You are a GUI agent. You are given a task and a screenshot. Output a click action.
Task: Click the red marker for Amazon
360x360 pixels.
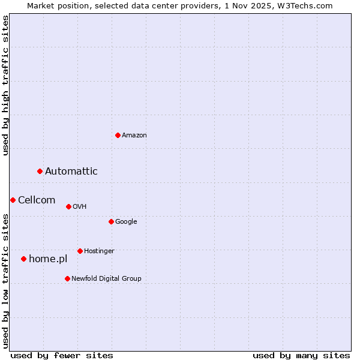118,135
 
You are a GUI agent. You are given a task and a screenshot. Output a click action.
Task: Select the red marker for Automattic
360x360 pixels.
40,172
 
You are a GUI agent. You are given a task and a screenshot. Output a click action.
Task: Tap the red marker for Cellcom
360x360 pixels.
13,200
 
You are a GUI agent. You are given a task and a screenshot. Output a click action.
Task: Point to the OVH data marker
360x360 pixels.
68,206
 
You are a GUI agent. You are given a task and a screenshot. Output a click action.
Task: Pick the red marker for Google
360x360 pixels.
111,221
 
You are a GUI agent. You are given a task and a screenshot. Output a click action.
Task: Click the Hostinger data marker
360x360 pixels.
80,251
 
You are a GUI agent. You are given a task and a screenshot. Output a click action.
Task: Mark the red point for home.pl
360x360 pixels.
24,259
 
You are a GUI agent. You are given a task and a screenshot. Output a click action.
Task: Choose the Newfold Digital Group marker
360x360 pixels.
67,278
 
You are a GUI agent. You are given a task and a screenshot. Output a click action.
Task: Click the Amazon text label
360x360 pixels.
134,135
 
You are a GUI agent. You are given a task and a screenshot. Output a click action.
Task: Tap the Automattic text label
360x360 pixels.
71,172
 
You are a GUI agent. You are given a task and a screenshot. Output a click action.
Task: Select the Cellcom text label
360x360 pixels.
37,200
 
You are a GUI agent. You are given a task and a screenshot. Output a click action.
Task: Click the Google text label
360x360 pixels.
126,221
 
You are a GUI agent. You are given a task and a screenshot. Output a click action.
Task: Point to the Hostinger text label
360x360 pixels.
99,251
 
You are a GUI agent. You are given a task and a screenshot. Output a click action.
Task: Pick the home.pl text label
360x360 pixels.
48,259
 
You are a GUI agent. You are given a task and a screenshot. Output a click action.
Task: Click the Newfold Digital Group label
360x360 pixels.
106,278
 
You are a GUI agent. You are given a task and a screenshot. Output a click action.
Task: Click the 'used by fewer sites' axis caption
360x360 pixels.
62,355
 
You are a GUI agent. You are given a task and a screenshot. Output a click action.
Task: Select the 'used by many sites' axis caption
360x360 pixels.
301,355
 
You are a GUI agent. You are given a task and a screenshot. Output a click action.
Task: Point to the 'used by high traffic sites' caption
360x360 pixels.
5,85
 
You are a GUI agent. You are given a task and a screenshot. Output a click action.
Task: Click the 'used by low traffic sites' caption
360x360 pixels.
5,281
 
